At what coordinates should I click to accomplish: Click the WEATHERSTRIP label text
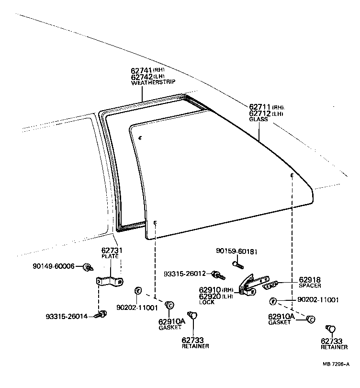point(153,82)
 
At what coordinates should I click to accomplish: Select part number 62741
point(141,70)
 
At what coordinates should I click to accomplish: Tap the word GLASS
point(259,119)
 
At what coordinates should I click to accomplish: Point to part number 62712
point(259,114)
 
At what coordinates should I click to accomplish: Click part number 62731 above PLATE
point(112,251)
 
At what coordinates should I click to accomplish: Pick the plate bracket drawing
point(110,281)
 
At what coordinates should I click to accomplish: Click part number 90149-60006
point(54,266)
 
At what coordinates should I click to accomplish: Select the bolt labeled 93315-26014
point(101,315)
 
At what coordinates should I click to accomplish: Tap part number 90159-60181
point(236,251)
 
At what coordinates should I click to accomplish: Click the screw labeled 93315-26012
point(219,275)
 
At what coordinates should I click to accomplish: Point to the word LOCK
point(207,302)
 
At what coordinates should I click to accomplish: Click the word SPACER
point(310,285)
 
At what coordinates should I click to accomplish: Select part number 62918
point(310,280)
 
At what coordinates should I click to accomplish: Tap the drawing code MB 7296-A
point(336,364)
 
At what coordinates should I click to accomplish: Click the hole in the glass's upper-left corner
point(140,138)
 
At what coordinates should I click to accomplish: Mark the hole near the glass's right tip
point(292,175)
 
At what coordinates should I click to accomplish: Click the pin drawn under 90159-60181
point(238,265)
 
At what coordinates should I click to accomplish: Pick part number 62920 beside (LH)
point(210,296)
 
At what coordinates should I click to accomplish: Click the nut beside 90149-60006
point(88,267)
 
